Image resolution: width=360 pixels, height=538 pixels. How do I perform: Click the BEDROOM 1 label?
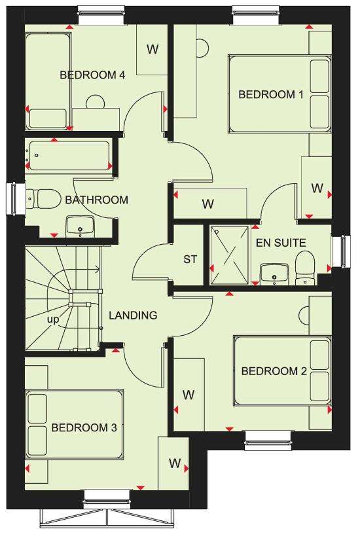click(271, 94)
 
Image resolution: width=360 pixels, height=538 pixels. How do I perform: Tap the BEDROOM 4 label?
click(92, 75)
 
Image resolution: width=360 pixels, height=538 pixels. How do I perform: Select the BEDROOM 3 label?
click(84, 427)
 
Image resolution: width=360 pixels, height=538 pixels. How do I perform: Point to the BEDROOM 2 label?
click(274, 371)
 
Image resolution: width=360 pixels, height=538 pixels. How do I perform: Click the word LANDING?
click(133, 315)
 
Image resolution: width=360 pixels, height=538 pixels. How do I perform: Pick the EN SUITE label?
click(281, 243)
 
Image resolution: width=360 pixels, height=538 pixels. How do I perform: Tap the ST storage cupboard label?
click(190, 259)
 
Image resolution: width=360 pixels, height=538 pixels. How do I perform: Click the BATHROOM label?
click(96, 200)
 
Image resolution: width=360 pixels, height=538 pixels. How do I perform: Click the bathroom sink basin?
click(80, 226)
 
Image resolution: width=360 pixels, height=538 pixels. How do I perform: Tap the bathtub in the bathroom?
click(69, 156)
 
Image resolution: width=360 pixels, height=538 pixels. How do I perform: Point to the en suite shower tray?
click(230, 255)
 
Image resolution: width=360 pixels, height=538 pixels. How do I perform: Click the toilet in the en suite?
click(305, 268)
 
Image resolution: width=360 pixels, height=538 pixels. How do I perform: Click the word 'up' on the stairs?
click(53, 320)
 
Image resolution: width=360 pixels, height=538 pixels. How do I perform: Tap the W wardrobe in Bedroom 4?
click(152, 49)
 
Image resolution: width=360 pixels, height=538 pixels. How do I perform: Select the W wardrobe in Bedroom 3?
click(173, 463)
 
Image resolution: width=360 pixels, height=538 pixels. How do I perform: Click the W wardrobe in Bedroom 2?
click(189, 394)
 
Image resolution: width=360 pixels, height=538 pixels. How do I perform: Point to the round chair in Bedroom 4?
click(95, 102)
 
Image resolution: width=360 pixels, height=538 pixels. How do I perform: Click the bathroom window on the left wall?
click(14, 199)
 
